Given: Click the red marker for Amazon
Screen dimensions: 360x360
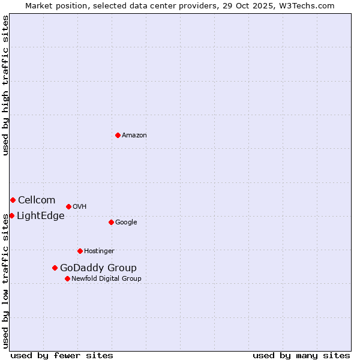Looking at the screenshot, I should click(118, 135).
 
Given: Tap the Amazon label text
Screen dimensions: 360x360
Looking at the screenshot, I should click(134, 136).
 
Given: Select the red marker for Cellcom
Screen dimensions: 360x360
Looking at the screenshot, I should click(13, 200).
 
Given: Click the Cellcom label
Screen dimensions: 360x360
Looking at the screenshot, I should click(37, 200).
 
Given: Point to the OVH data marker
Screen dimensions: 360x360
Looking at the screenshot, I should click(68, 206).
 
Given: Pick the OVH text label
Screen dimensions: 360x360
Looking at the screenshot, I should click(80, 207).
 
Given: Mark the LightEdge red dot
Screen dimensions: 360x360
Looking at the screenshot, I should click(11, 215).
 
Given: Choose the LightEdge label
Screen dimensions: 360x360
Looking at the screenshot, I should click(41, 216).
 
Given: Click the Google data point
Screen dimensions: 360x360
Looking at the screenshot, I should click(111, 222).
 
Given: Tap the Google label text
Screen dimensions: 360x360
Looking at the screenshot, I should click(126, 223).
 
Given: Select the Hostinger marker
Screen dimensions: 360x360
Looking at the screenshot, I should click(80, 251).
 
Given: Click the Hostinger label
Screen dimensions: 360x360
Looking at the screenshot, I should click(99, 251).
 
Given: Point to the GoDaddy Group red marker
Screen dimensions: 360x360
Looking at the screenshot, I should click(55, 268).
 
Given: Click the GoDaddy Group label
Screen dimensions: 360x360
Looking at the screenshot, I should click(98, 268).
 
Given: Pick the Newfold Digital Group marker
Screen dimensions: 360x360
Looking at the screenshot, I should click(67, 278).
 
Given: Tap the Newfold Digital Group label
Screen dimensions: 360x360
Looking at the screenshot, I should click(106, 279).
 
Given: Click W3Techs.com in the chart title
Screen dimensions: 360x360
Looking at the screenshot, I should click(309, 5).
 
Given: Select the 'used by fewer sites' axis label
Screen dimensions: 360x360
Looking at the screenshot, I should click(62, 355).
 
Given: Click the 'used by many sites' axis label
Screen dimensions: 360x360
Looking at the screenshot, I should click(301, 355).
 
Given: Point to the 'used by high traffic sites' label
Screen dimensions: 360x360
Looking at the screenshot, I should click(5, 86).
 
